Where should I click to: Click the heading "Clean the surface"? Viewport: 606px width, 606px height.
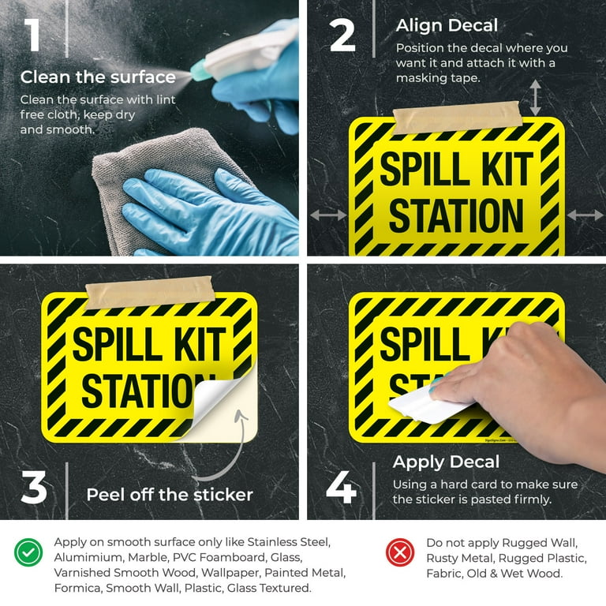pyautogui.click(x=98, y=77)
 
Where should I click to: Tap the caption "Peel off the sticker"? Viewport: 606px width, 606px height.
pyautogui.click(x=170, y=496)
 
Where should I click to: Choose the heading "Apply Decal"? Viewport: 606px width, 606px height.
pyautogui.click(x=446, y=462)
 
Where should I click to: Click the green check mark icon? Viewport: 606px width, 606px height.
pyautogui.click(x=28, y=552)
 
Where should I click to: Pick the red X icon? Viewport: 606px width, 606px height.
pyautogui.click(x=400, y=552)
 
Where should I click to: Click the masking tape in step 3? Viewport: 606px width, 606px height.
pyautogui.click(x=150, y=291)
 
